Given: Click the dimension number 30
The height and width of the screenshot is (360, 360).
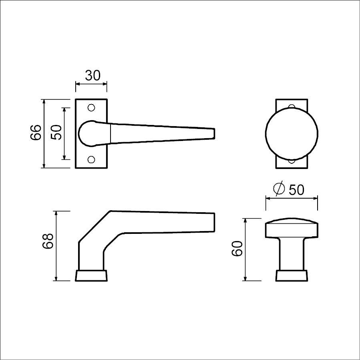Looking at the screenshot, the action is tap(93, 76).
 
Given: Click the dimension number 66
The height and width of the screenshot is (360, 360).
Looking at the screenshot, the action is tap(36, 133).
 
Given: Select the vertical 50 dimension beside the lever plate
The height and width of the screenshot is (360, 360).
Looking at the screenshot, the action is tap(56, 133).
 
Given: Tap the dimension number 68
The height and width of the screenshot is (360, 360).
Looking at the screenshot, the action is tap(48, 241).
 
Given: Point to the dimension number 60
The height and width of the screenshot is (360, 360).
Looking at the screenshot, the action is tap(237, 249).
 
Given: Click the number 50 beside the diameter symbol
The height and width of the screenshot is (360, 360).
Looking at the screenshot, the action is tap(296, 190).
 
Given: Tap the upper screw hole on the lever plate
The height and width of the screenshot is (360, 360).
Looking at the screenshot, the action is tap(91, 107).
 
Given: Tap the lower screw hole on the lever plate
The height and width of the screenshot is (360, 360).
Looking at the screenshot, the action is tap(91, 159).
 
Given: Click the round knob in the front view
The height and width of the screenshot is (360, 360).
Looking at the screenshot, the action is tap(292, 134).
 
